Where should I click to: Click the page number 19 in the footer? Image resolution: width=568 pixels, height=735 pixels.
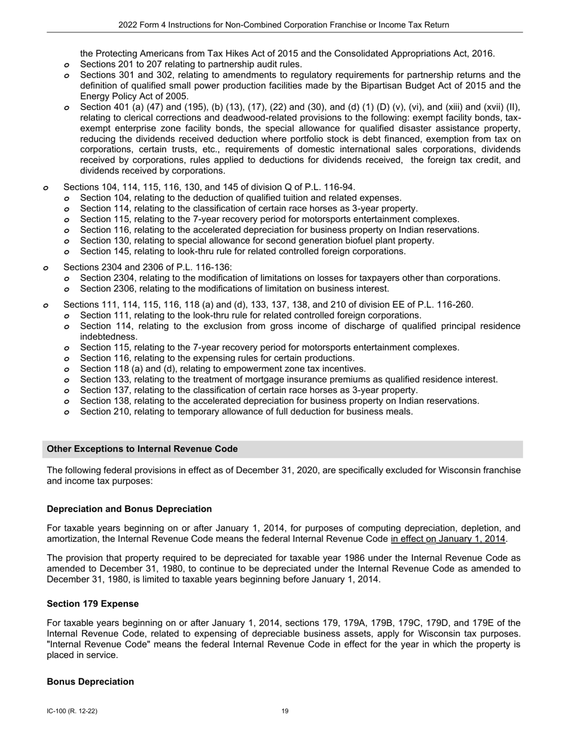285,711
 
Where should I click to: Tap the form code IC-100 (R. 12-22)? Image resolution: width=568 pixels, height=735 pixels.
72,711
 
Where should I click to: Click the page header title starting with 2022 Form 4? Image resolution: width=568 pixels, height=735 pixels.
284,24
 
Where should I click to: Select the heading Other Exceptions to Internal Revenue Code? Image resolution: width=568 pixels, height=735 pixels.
142,449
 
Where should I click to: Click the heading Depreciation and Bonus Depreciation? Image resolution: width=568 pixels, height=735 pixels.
129,509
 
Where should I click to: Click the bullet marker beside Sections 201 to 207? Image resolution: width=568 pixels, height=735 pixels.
67,65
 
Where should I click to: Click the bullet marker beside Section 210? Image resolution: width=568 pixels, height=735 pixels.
67,412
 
